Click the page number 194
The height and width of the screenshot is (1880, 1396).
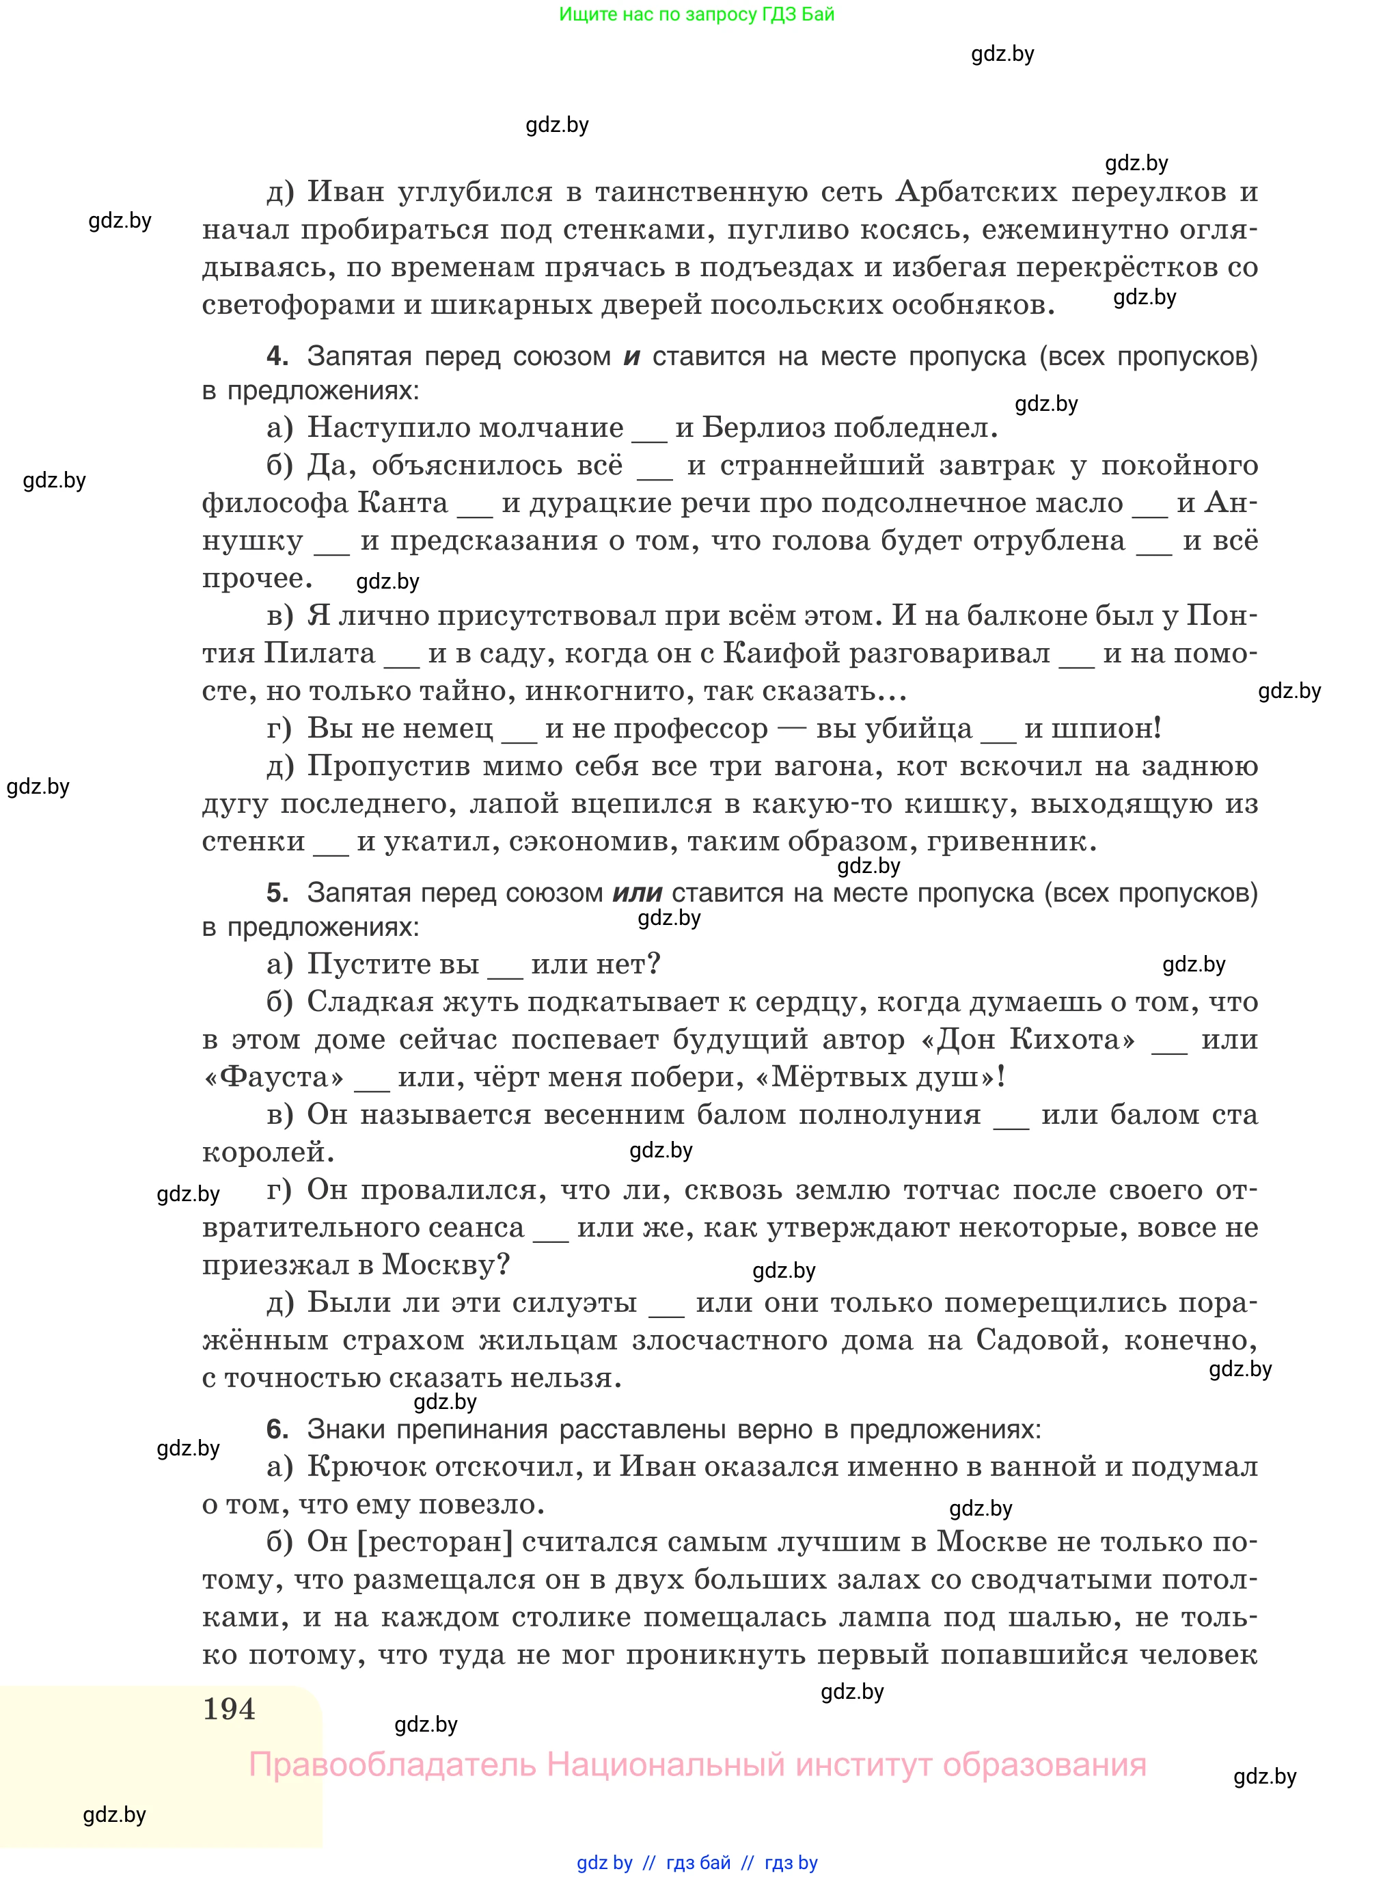pyautogui.click(x=229, y=1708)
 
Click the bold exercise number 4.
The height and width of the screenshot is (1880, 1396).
pyautogui.click(x=276, y=356)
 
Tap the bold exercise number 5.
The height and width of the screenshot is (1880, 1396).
pyautogui.click(x=276, y=892)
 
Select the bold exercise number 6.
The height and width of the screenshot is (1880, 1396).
pyautogui.click(x=276, y=1429)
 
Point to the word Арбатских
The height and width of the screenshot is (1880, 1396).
pyautogui.click(x=976, y=192)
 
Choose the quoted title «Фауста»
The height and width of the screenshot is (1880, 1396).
pyautogui.click(x=274, y=1077)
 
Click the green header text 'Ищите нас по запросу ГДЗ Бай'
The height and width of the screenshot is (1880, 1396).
pyautogui.click(x=696, y=14)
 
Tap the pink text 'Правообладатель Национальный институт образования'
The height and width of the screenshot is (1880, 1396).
pyautogui.click(x=697, y=1764)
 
